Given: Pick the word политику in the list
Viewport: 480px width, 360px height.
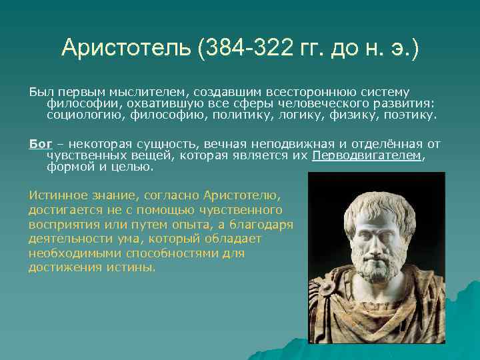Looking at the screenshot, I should pos(243,115).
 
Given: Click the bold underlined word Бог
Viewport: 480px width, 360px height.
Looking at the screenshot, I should pos(40,143).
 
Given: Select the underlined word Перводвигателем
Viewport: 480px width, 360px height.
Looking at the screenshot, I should pos(366,155).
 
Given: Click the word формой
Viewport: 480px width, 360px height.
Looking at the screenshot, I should pos(67,167).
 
